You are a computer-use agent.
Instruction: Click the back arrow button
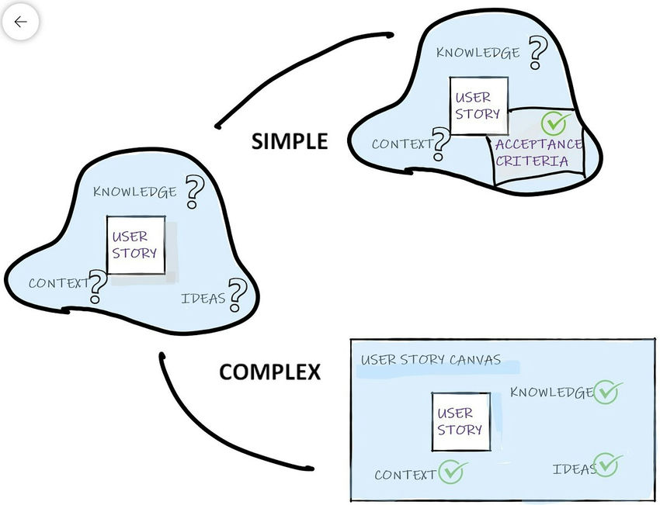(20, 22)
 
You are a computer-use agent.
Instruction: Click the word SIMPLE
(290, 141)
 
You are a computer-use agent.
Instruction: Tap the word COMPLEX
(269, 372)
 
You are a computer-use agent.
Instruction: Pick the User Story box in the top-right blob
(479, 106)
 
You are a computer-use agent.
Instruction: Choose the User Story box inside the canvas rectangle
(460, 422)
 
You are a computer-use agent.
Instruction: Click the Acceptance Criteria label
(538, 153)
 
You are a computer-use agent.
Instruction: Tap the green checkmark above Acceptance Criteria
(556, 123)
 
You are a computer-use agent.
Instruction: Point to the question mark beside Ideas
(237, 295)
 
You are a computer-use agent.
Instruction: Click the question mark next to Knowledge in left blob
(193, 191)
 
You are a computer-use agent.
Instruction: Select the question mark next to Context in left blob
(97, 286)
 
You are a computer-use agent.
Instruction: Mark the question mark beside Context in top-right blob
(441, 143)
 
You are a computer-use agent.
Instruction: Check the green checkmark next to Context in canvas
(451, 472)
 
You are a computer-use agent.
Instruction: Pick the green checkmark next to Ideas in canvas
(607, 465)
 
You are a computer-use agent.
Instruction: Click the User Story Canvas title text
(431, 360)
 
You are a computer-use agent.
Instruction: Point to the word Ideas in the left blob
(203, 299)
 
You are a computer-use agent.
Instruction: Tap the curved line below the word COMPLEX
(210, 434)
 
